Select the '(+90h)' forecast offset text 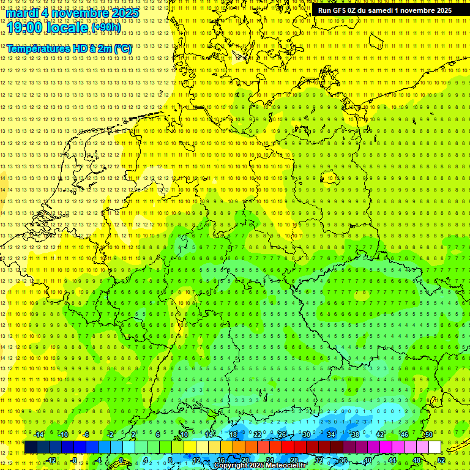[x=106, y=28]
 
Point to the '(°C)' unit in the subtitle [x=122, y=48]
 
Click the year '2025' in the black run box [x=442, y=10]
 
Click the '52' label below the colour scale [x=441, y=460]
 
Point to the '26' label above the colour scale [x=282, y=435]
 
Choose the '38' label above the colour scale [x=356, y=435]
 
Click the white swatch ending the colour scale [x=435, y=447]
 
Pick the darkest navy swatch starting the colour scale [x=31, y=447]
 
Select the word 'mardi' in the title [x=22, y=13]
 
